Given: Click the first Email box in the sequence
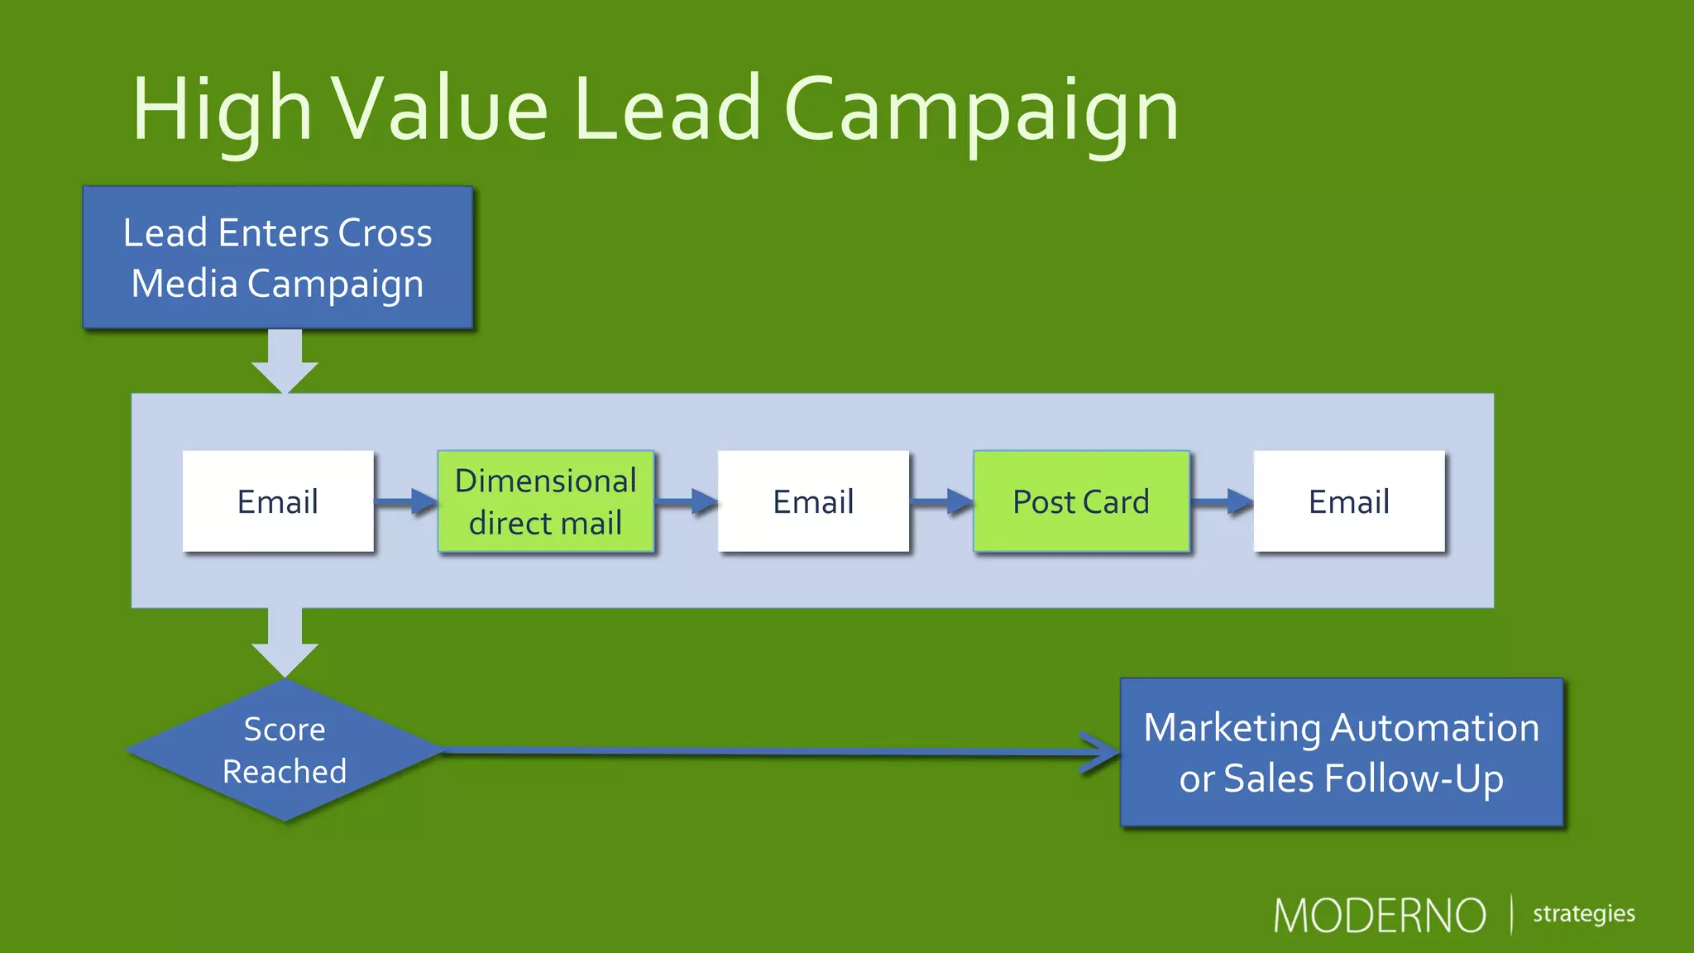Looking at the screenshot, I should pyautogui.click(x=278, y=501).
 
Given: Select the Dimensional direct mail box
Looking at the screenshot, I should pyautogui.click(x=546, y=501).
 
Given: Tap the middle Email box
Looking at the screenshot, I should pyautogui.click(x=813, y=501).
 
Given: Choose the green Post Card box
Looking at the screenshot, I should pyautogui.click(x=1081, y=501).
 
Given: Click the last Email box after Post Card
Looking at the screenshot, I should pyautogui.click(x=1349, y=501).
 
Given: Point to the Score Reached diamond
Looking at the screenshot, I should pyautogui.click(x=285, y=750).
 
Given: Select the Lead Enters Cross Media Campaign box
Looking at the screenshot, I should pyautogui.click(x=278, y=257).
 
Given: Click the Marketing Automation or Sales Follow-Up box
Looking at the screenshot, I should pyautogui.click(x=1341, y=752).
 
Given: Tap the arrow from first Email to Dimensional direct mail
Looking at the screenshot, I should pyautogui.click(x=405, y=501).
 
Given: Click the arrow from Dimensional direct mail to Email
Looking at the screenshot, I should pyautogui.click(x=686, y=501).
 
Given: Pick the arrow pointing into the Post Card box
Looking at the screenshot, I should pyautogui.click(x=941, y=501).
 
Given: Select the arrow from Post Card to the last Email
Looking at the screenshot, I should pyautogui.click(x=1222, y=501).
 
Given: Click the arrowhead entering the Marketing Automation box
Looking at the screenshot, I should pyautogui.click(x=1100, y=752).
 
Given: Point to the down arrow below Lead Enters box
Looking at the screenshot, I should pyautogui.click(x=285, y=361).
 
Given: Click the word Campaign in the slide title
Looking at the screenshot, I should pyautogui.click(x=981, y=111).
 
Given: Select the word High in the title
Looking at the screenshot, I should pyautogui.click(x=222, y=111).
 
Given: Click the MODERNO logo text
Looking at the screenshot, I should pyautogui.click(x=1379, y=916).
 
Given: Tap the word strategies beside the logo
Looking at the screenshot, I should pyautogui.click(x=1583, y=914).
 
